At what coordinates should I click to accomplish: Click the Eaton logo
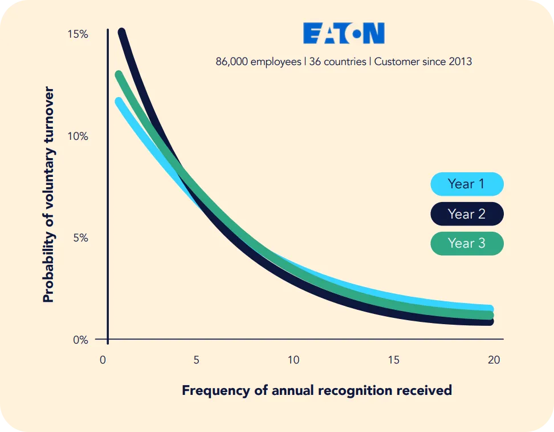tap(344, 34)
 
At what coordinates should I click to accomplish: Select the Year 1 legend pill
tap(467, 184)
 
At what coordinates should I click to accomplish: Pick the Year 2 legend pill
tap(467, 214)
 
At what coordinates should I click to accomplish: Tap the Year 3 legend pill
tap(467, 244)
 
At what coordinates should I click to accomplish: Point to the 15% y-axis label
tap(78, 34)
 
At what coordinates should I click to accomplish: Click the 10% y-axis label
tap(78, 136)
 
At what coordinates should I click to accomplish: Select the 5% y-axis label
tap(80, 238)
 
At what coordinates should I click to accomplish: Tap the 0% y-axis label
tap(80, 340)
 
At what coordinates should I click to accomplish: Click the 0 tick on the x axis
tap(103, 361)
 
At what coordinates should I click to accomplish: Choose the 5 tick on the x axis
tap(196, 361)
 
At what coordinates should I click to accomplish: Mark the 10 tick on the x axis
tap(293, 361)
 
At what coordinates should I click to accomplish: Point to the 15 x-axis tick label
tap(393, 361)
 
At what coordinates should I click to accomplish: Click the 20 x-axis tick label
tap(494, 361)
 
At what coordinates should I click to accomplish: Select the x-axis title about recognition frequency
tap(316, 391)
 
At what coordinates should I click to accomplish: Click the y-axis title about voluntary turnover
tap(49, 195)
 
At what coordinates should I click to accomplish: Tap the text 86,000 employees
tap(258, 62)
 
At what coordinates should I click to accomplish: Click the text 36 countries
tap(338, 62)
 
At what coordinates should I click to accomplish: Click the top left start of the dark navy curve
tap(121, 33)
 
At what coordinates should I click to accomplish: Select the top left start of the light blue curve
tap(119, 102)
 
